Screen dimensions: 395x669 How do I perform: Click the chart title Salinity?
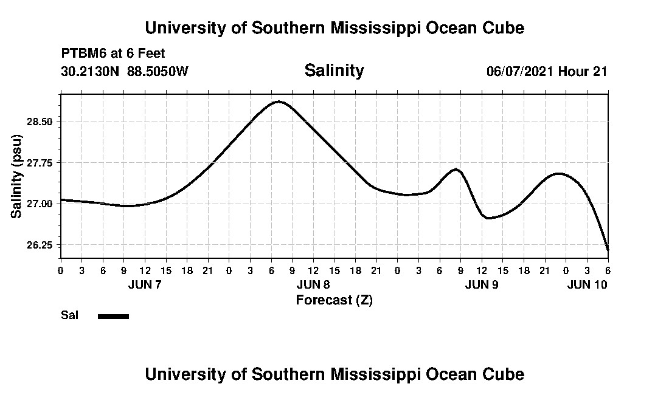pos(334,70)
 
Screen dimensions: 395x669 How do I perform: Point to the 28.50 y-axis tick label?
pos(40,122)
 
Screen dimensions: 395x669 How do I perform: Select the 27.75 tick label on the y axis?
pos(40,163)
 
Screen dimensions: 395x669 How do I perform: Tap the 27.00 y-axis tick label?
pos(40,204)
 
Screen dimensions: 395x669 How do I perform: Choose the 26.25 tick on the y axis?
pos(40,245)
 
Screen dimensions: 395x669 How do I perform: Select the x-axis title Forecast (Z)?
pos(334,300)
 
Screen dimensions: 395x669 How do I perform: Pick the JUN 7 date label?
pos(145,284)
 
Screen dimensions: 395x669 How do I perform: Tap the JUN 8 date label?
pos(313,284)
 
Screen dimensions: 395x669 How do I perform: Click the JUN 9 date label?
pos(482,284)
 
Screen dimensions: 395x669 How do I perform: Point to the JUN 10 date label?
pos(588,284)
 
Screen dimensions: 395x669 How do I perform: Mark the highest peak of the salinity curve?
pos(279,101)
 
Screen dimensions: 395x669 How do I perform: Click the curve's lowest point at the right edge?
pos(608,249)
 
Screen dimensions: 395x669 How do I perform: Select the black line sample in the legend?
pos(113,316)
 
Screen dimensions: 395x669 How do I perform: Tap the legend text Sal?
pos(69,315)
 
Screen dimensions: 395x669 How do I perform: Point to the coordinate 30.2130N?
pos(91,71)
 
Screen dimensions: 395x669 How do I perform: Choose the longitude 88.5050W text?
pos(158,71)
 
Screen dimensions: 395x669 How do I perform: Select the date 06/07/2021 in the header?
pos(520,71)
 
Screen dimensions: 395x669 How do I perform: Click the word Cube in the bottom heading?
pos(504,374)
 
